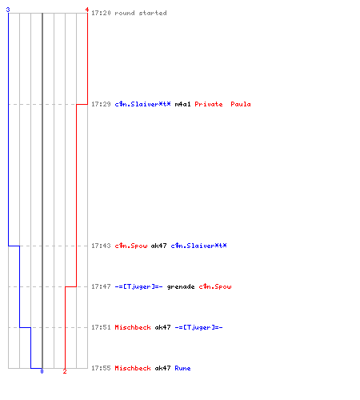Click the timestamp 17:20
coord(101,13)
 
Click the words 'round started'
coord(141,13)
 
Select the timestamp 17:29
coord(101,104)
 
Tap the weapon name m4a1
coord(182,104)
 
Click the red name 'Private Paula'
coord(222,104)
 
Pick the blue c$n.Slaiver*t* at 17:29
coord(142,104)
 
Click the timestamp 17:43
coord(101,246)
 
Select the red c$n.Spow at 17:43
coord(131,246)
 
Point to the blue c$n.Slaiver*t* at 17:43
coord(198,246)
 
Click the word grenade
coord(181,286)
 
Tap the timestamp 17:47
coord(101,286)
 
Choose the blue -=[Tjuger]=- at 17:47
coord(138,286)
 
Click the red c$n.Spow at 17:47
coord(215,286)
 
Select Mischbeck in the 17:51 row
coord(133,327)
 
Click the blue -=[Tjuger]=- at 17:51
coord(198,327)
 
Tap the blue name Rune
coord(182,368)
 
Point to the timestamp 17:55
coord(101,368)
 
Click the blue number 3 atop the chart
coord(8,10)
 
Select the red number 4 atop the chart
coord(87,10)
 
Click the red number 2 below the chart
coord(65,371)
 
